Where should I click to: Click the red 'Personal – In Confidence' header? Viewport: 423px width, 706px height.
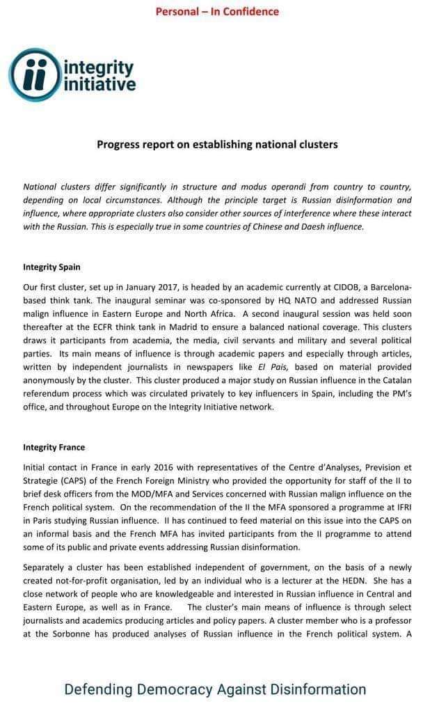[x=217, y=11]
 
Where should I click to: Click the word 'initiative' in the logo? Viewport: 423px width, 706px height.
[x=99, y=85]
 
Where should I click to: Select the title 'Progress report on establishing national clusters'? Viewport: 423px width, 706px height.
[x=217, y=145]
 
